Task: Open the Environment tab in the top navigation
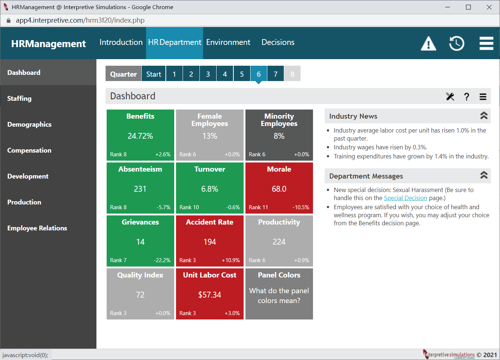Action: (x=228, y=42)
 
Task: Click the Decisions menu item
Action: (x=278, y=42)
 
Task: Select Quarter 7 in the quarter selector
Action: (x=275, y=74)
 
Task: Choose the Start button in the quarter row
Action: (x=153, y=74)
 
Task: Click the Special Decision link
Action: (x=405, y=198)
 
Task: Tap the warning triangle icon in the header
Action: (x=428, y=43)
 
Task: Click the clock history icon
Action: (x=457, y=43)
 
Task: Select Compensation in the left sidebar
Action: (x=29, y=150)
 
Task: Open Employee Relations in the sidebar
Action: (x=37, y=228)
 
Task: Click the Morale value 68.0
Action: (x=279, y=189)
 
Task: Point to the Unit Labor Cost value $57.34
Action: (x=210, y=295)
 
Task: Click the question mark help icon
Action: (x=466, y=97)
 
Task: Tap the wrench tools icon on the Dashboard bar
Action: (x=450, y=97)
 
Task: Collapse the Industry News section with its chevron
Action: (x=484, y=116)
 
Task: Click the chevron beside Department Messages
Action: (x=484, y=175)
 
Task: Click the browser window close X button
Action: (x=489, y=7)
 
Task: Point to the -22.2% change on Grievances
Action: (x=162, y=260)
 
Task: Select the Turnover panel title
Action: (x=210, y=169)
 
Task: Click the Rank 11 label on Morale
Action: (x=258, y=207)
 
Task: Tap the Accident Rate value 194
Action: (x=210, y=242)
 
